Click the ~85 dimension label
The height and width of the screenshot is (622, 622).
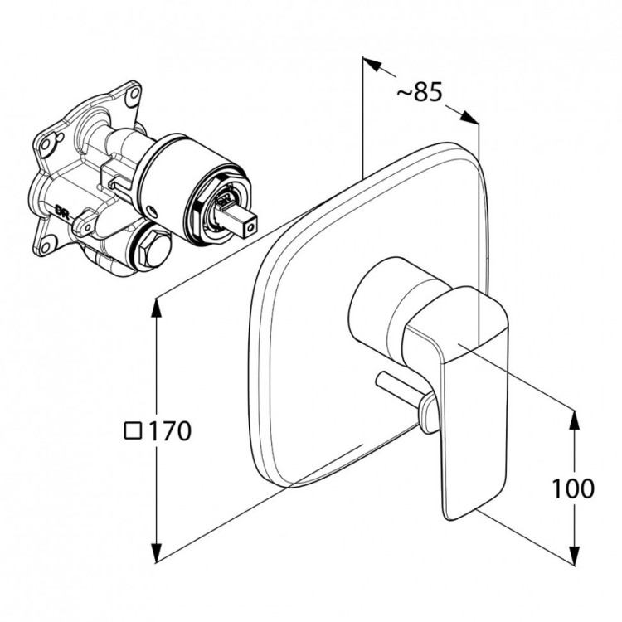[420, 92]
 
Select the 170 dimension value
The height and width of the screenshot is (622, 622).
[170, 430]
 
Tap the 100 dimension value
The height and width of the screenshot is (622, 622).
[574, 488]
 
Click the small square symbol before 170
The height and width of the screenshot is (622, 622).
[133, 430]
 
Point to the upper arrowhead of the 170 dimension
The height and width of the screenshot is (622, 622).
[157, 308]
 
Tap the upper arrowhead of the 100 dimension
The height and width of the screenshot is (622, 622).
[575, 420]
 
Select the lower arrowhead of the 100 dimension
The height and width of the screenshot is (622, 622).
[575, 555]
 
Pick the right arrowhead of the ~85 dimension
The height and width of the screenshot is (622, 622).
[469, 118]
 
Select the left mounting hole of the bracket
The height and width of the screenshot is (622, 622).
[47, 143]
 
